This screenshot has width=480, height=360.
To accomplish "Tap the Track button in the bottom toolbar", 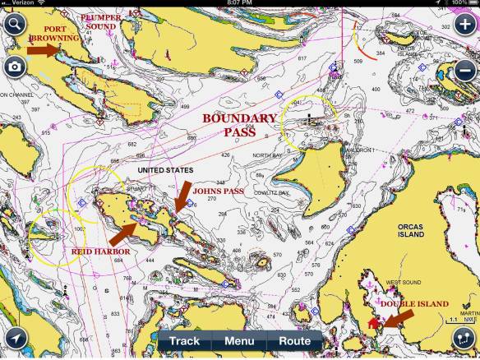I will point(184,340).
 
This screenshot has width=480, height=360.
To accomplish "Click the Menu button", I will point(239,340).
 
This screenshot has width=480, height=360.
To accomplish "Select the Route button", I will point(294,340).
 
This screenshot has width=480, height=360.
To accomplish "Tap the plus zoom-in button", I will point(464,23).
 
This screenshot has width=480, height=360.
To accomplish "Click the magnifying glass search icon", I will point(14,23).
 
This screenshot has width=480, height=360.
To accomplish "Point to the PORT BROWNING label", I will point(56,33).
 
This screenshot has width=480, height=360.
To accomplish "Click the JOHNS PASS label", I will point(217,190).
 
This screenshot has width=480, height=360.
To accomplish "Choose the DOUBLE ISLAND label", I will point(408,303).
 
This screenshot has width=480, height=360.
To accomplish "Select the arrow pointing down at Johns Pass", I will point(182,196).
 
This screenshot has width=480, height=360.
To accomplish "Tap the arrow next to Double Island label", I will point(398,320).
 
